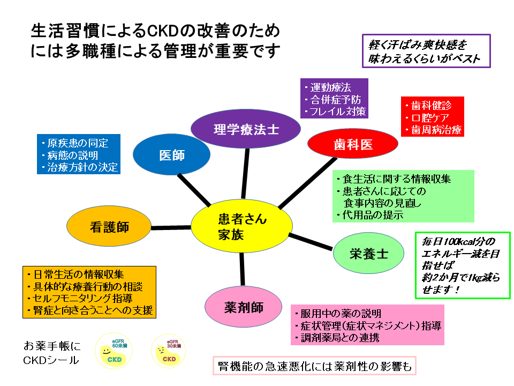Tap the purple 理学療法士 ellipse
coord(246,129)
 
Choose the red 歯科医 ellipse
coord(353,144)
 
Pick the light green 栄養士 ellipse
coord(368,254)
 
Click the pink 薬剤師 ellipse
coord(244,306)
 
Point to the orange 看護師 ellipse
coord(109,227)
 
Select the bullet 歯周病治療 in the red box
coord(434,130)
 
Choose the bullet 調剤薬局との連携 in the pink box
coord(341,338)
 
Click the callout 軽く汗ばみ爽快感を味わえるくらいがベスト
coord(426,51)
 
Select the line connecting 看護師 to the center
coord(171,227)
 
